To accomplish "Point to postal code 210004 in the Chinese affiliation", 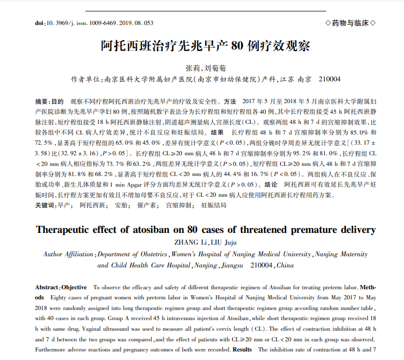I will pos(329,79).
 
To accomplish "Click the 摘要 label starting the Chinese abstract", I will pos(42,101).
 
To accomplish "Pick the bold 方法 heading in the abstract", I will pos(230,101).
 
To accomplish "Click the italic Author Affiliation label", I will pos(69,254).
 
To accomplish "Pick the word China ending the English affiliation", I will pos(285,265).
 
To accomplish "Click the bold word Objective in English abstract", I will pos(74,287).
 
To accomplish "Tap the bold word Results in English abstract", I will pos(242,350).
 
